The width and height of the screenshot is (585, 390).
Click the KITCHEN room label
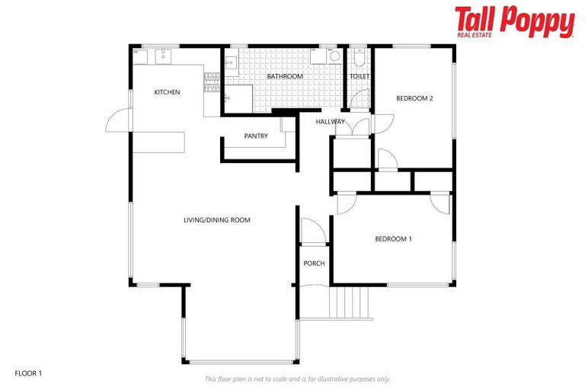(x=167, y=92)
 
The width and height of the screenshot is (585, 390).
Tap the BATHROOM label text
(x=285, y=76)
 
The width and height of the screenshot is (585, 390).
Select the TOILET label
(x=359, y=76)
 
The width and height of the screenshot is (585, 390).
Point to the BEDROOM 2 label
(x=414, y=98)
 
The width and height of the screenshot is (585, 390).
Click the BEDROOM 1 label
(x=393, y=238)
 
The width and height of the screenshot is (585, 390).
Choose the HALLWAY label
(x=331, y=121)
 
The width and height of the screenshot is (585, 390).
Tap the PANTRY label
(x=256, y=136)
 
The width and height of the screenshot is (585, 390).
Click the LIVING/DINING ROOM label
(x=216, y=220)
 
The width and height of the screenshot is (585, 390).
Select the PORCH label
(x=314, y=264)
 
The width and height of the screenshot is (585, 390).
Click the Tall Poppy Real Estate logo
(x=514, y=22)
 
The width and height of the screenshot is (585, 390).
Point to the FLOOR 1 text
(x=29, y=373)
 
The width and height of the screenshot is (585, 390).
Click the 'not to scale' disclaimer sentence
(x=297, y=379)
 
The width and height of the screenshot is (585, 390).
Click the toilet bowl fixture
(x=359, y=57)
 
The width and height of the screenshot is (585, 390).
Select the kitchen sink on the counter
(x=163, y=54)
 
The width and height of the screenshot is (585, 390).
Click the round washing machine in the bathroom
(x=334, y=56)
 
